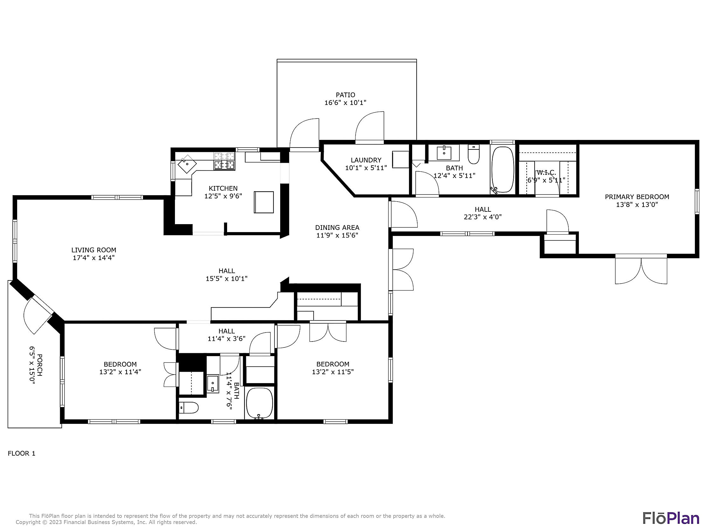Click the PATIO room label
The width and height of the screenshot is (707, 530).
pos(345,95)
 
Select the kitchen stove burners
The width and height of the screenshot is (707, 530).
pos(224,161)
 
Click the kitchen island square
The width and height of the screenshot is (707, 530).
pos(264,202)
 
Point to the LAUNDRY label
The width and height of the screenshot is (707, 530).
pos(366,160)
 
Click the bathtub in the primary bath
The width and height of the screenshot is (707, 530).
pos(503,169)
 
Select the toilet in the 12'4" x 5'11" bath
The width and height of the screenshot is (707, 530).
pos(473,154)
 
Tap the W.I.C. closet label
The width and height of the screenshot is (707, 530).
pos(546,173)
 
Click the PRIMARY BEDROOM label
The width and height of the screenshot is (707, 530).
pos(637,197)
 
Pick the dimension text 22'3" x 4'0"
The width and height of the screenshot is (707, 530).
pos(483,217)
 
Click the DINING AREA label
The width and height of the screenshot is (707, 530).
pos(337,227)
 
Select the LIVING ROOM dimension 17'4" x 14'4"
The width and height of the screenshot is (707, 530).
pos(93,258)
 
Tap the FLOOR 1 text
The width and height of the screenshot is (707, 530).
pos(21,453)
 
